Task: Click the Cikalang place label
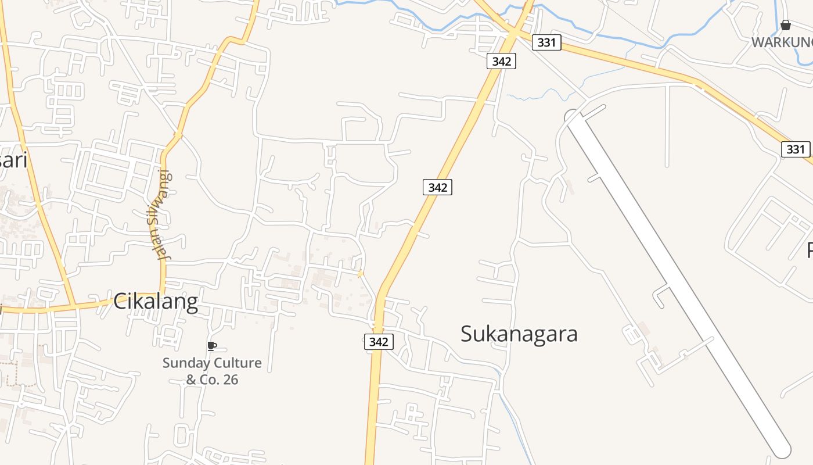tap(155, 302)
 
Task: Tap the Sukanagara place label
tap(519, 334)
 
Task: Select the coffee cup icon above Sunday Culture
tap(212, 346)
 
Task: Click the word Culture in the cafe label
tap(238, 363)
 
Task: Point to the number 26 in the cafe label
tap(228, 380)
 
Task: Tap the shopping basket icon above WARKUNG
tap(785, 26)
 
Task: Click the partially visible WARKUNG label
tap(782, 42)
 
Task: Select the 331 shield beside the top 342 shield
tap(546, 42)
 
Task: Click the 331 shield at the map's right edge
tap(795, 149)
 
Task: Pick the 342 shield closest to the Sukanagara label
tap(379, 342)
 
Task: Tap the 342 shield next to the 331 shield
tap(501, 61)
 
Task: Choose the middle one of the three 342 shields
tap(437, 187)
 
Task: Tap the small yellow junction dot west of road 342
tap(361, 274)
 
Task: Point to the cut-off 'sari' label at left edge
tap(13, 160)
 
